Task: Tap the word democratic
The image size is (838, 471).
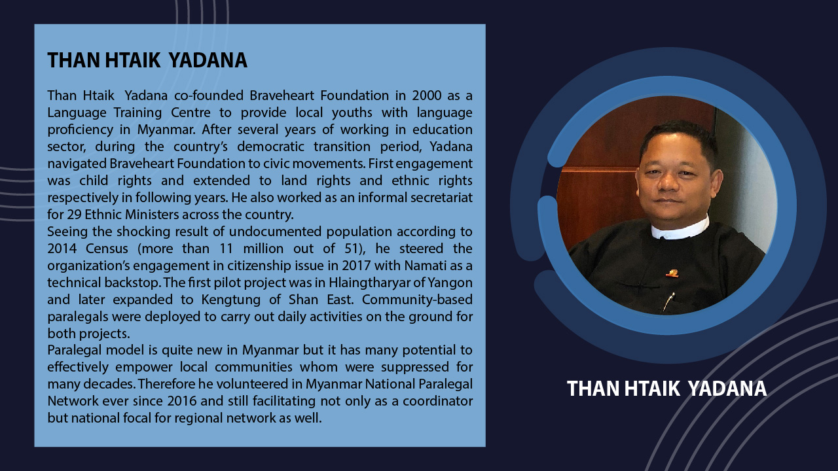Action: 270,147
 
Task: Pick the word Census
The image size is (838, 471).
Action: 107,249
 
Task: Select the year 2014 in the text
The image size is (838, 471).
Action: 62,249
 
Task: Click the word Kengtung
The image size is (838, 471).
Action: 231,300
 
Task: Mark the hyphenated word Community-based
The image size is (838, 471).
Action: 417,300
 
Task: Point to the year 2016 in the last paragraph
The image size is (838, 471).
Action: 182,401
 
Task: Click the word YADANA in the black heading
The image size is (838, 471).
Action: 208,61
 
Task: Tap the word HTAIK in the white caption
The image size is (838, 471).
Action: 652,389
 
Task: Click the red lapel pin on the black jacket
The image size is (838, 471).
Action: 672,273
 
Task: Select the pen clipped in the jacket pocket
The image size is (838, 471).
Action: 668,302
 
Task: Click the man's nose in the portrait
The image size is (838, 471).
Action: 668,181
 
